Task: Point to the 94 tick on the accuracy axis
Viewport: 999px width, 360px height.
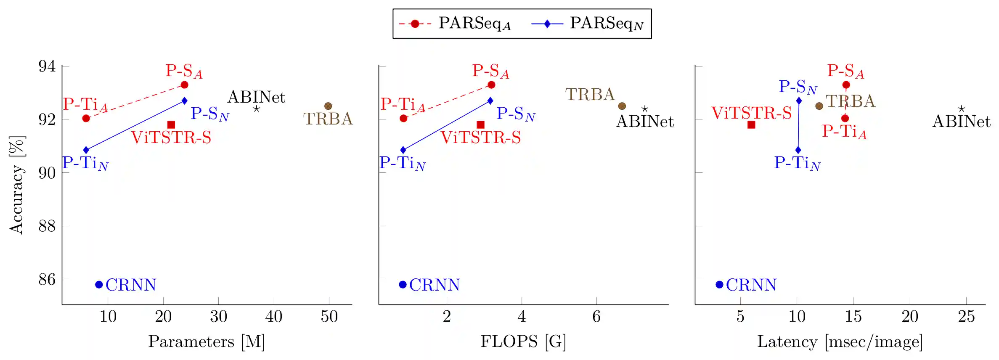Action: pyautogui.click(x=47, y=66)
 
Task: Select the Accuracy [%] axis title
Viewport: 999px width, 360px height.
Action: pyautogui.click(x=17, y=185)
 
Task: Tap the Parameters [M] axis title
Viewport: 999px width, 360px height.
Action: pyautogui.click(x=207, y=341)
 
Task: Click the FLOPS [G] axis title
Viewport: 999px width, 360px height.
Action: pyautogui.click(x=523, y=341)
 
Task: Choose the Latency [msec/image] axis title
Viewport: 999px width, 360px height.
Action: pyautogui.click(x=840, y=341)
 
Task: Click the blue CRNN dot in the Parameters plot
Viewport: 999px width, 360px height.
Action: pyautogui.click(x=99, y=285)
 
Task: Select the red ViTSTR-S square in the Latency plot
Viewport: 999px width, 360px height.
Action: pyautogui.click(x=751, y=124)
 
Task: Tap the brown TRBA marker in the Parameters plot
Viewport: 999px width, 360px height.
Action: pyautogui.click(x=328, y=106)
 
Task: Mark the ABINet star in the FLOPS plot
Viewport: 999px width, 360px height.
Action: pyautogui.click(x=644, y=109)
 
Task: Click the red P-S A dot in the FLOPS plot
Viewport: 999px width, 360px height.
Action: pyautogui.click(x=491, y=85)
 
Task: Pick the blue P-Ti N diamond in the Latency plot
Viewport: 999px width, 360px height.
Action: pyautogui.click(x=798, y=150)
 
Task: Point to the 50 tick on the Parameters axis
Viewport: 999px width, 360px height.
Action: pyautogui.click(x=329, y=316)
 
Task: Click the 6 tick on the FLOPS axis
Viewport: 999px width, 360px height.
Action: pyautogui.click(x=596, y=316)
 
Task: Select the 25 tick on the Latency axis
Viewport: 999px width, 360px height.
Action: pyautogui.click(x=966, y=316)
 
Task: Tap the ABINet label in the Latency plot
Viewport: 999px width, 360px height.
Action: pyautogui.click(x=961, y=122)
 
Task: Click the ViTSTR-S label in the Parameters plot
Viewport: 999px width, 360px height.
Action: pyautogui.click(x=171, y=138)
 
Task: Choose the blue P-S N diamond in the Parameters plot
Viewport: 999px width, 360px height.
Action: pyautogui.click(x=184, y=101)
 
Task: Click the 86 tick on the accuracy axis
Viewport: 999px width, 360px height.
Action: pyautogui.click(x=47, y=279)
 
